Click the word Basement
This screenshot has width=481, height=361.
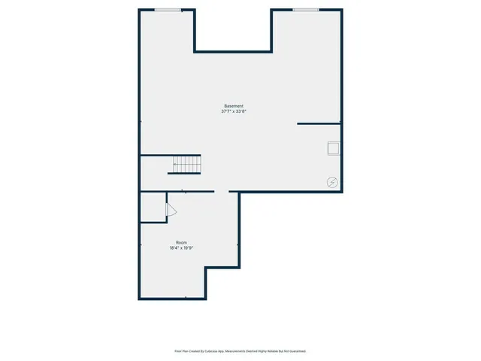tap(234, 105)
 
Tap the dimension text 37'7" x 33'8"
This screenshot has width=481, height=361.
tap(234, 111)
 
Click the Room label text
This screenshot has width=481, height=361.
tap(182, 242)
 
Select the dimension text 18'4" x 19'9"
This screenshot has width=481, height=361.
tap(182, 248)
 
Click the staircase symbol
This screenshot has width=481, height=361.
tap(185, 164)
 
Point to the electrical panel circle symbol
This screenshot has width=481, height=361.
tap(332, 181)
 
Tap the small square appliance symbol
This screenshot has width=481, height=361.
tap(333, 147)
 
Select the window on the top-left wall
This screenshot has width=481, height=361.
tap(168, 10)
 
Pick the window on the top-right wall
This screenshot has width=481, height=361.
tap(306, 10)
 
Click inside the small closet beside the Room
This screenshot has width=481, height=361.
tap(153, 207)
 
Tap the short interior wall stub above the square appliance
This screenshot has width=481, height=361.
tap(319, 123)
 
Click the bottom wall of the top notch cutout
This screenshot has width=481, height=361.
tap(233, 52)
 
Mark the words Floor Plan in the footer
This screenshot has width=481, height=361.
tap(181, 351)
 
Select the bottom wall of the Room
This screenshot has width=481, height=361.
tap(172, 299)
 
